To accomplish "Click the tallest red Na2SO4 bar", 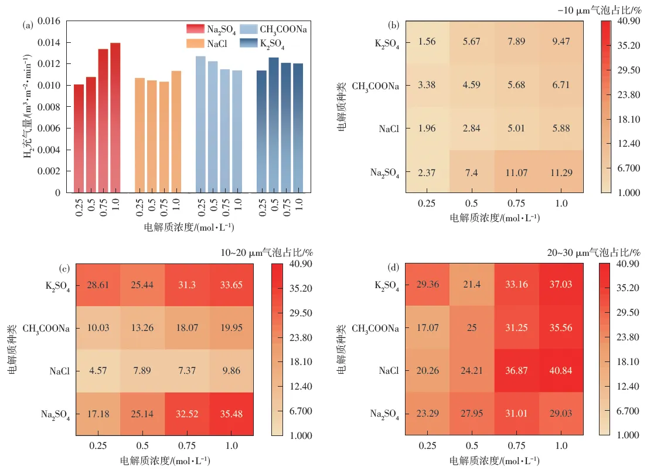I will click(115, 117).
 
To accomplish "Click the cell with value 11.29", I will click(561, 172).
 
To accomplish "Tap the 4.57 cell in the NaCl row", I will click(97, 371).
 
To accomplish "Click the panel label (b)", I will click(394, 25).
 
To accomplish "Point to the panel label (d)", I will click(394, 269).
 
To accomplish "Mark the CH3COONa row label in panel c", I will click(46, 329).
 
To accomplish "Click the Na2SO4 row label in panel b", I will click(385, 173).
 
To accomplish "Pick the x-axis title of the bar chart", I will click(189, 226).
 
